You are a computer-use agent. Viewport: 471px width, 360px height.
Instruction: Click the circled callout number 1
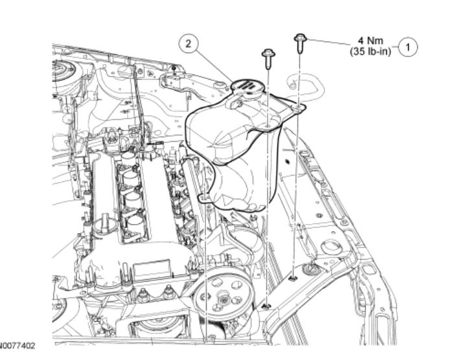(408, 47)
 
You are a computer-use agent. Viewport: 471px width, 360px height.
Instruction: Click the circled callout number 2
(188, 44)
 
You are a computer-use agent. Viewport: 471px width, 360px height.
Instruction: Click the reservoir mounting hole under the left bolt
(268, 127)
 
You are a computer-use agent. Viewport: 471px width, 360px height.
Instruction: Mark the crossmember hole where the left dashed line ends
(266, 304)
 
